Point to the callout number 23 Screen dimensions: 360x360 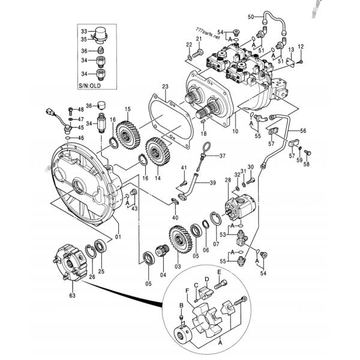point(166,87)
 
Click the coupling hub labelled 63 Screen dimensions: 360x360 point(71,263)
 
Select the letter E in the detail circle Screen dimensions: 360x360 point(220,272)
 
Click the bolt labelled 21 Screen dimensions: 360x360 point(190,56)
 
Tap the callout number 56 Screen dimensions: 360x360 point(303,130)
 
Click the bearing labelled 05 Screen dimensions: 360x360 point(148,260)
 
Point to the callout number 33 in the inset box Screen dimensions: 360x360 point(84,31)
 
